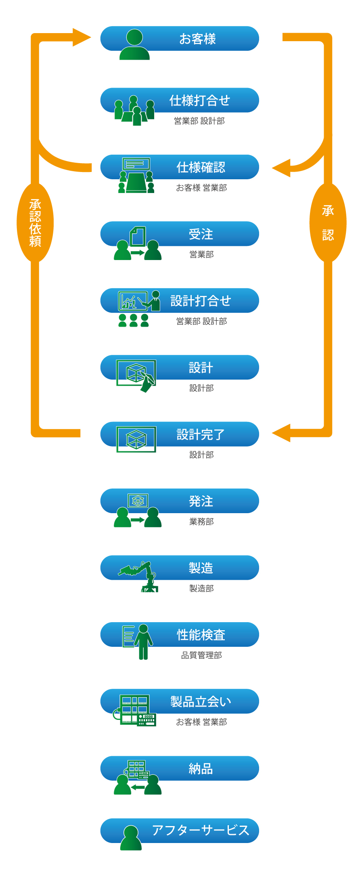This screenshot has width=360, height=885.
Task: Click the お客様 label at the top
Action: [197, 39]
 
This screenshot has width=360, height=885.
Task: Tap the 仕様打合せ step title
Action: [199, 101]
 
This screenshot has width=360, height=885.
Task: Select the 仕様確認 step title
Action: [201, 167]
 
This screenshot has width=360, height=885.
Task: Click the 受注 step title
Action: [201, 234]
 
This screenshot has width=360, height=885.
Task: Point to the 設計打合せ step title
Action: [200, 301]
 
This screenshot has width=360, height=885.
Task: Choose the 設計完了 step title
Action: [200, 434]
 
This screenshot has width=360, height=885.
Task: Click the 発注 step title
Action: [201, 501]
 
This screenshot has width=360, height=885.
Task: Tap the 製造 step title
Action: [201, 568]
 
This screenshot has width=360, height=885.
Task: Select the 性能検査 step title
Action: [201, 635]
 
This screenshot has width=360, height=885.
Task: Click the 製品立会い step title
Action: [200, 702]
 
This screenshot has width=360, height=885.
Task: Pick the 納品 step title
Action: [201, 769]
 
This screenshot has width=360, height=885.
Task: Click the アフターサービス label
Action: [200, 830]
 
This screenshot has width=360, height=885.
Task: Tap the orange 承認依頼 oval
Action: [35, 222]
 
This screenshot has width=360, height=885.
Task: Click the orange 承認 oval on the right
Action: [328, 222]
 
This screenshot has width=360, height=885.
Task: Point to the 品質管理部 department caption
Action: [201, 655]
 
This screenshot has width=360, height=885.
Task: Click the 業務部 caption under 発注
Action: [201, 522]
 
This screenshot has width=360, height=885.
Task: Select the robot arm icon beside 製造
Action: [140, 575]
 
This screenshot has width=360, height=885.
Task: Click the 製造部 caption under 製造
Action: [201, 588]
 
